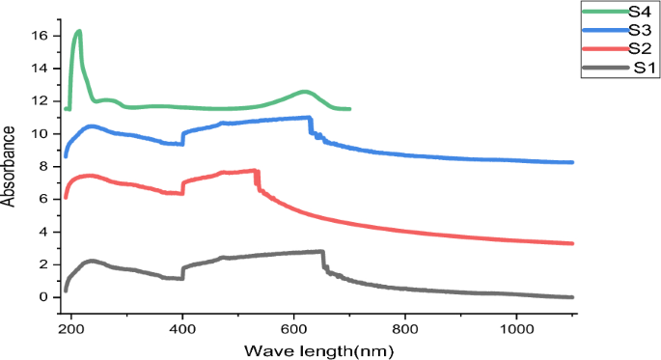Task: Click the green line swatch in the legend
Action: (603, 12)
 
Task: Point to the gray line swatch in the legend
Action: (603, 68)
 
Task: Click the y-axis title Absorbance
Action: (11, 167)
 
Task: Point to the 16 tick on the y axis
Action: (40, 36)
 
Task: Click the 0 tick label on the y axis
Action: (43, 297)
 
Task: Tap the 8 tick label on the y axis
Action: (43, 166)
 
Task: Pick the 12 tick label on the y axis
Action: (40, 101)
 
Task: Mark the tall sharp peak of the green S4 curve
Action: (78, 32)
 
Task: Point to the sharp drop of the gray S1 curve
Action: (323, 261)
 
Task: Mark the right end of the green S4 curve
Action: (348, 109)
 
